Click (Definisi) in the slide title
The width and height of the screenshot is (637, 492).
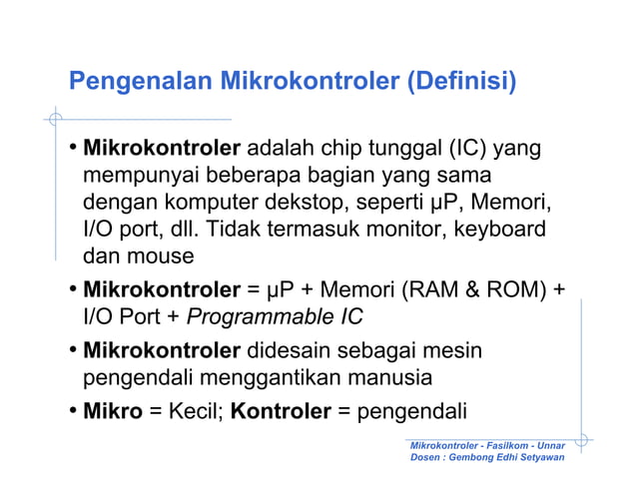(x=460, y=80)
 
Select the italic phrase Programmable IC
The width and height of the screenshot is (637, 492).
(x=276, y=317)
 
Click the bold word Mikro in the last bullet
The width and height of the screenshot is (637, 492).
(x=113, y=411)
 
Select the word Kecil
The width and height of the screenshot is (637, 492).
(x=195, y=411)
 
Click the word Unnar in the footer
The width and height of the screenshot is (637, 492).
(x=551, y=443)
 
